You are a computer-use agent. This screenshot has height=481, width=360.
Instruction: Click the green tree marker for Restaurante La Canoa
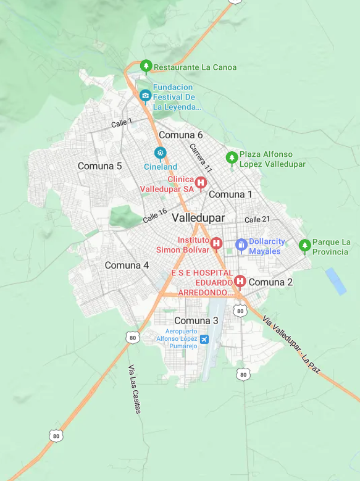[x=146, y=65]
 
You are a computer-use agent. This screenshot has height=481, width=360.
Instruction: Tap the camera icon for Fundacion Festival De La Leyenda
[x=145, y=95]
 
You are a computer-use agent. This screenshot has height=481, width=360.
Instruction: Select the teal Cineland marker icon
[x=161, y=153]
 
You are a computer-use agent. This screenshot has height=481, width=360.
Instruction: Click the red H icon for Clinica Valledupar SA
[x=201, y=182]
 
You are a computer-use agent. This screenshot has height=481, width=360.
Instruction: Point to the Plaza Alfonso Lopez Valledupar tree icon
[x=232, y=157]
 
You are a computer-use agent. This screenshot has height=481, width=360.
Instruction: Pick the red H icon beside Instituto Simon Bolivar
[x=216, y=243]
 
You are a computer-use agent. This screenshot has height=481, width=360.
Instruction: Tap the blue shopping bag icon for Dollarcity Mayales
[x=241, y=245]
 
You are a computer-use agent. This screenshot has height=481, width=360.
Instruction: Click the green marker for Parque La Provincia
[x=304, y=245]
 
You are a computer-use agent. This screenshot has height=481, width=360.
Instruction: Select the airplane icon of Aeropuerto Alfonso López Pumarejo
[x=204, y=339]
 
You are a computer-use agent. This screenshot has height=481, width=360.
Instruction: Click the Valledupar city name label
[x=198, y=217]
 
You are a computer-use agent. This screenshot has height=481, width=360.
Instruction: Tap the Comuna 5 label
[x=99, y=166]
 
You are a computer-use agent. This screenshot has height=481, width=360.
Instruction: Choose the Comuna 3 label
[x=196, y=320]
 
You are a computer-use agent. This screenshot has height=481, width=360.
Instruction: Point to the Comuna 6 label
[x=180, y=135]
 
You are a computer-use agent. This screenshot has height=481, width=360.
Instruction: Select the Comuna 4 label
[x=127, y=265]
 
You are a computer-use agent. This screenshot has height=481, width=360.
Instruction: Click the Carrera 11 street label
[x=201, y=158]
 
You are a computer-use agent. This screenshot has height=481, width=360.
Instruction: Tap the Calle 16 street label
[x=154, y=215]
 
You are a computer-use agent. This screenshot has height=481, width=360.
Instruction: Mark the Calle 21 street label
[x=257, y=220]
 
